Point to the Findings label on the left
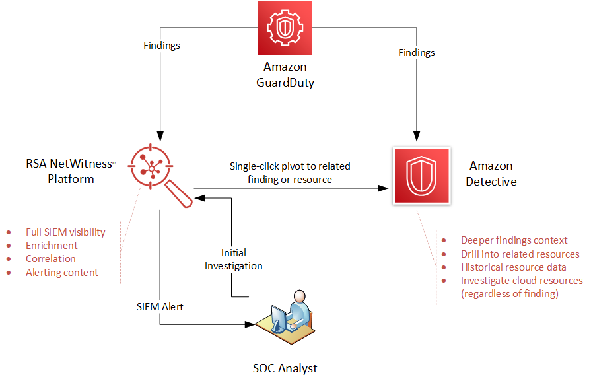pyautogui.click(x=162, y=46)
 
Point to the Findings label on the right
pyautogui.click(x=417, y=52)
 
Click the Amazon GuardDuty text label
pyautogui.click(x=285, y=75)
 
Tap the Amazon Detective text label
pyautogui.click(x=491, y=174)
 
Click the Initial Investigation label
pyautogui.click(x=233, y=260)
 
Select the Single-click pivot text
pyautogui.click(x=290, y=172)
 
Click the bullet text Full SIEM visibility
pyautogui.click(x=65, y=232)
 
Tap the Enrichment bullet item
pyautogui.click(x=52, y=246)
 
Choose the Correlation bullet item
pyautogui.click(x=51, y=259)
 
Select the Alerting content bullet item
pyautogui.click(x=62, y=272)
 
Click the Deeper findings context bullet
pyautogui.click(x=514, y=240)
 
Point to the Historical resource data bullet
pyautogui.click(x=513, y=267)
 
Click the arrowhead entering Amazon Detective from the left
pyautogui.click(x=382, y=188)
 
